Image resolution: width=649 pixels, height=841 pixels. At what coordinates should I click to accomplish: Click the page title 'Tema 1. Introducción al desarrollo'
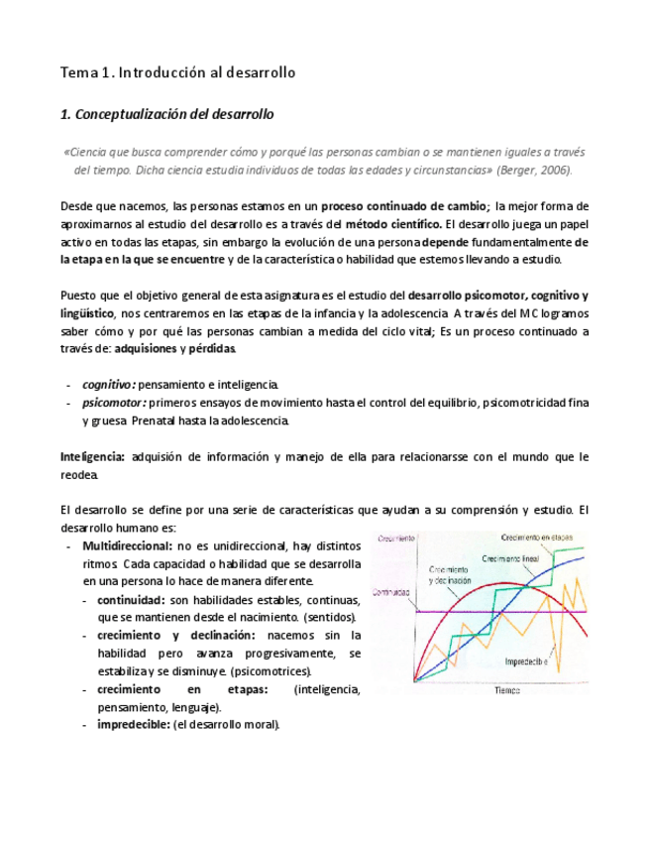[178, 72]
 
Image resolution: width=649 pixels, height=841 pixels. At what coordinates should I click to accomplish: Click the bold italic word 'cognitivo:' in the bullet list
[108, 384]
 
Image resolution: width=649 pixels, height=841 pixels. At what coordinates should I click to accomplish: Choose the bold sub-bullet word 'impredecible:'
[134, 724]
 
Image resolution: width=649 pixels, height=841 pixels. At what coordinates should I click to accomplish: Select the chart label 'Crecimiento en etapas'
[539, 537]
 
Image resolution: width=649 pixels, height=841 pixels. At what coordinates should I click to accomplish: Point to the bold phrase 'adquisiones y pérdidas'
[174, 348]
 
